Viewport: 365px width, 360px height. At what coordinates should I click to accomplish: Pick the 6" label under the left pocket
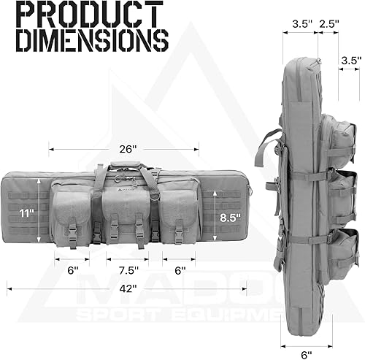pyautogui.click(x=72, y=269)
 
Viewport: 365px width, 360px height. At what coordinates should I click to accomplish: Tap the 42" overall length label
pyautogui.click(x=128, y=288)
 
